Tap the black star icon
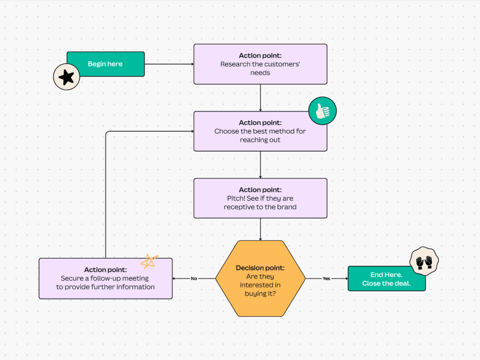(66, 77)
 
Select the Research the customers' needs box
(260, 64)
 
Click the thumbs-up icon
(322, 112)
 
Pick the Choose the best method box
(260, 131)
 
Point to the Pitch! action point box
(260, 198)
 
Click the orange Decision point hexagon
(260, 278)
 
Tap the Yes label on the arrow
(326, 278)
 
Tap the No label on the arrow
(194, 278)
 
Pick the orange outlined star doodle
(149, 261)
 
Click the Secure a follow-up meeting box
(105, 278)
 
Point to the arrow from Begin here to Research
(169, 64)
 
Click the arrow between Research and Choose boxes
(260, 97)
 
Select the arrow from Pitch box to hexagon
(260, 229)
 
